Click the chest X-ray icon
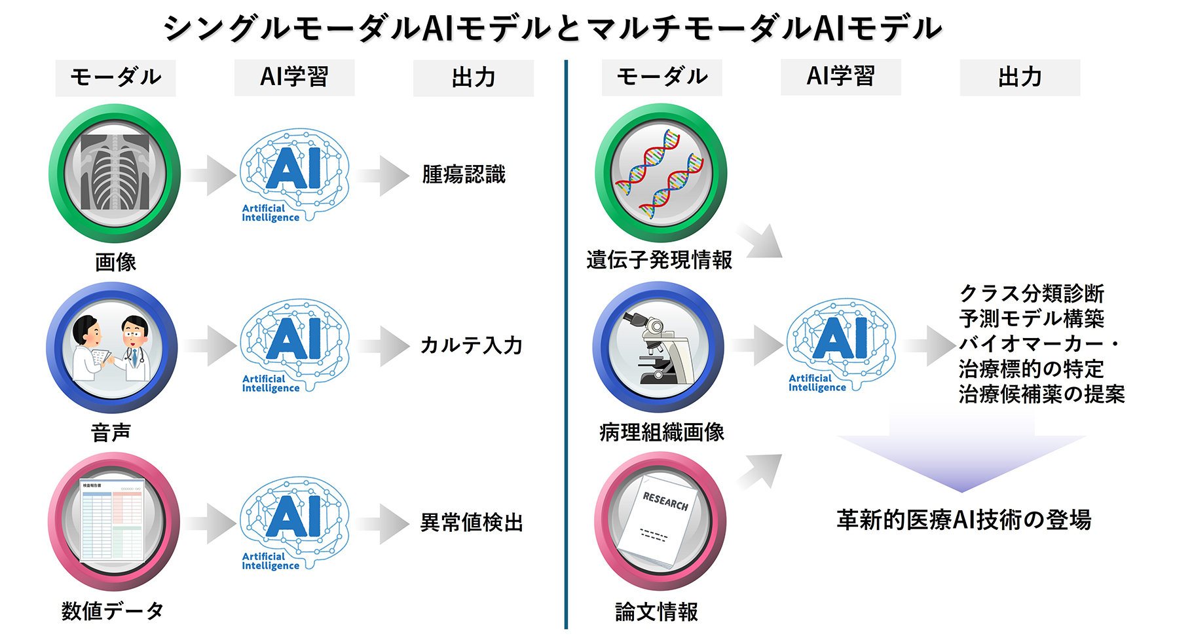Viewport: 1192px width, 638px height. click(x=115, y=173)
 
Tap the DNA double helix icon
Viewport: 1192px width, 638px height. click(x=661, y=173)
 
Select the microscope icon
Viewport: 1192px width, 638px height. click(x=658, y=347)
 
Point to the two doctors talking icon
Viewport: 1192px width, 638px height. click(x=112, y=347)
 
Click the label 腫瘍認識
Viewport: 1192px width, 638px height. click(x=464, y=175)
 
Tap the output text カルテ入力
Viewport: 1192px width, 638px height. click(x=471, y=345)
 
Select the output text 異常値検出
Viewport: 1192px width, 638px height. click(x=472, y=523)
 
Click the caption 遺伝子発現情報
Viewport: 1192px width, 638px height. click(x=660, y=260)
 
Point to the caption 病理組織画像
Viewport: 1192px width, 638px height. click(x=661, y=432)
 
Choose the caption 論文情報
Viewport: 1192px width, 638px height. click(x=656, y=612)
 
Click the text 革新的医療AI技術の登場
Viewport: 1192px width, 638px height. click(x=963, y=520)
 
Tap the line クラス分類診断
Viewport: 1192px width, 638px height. click(x=1032, y=293)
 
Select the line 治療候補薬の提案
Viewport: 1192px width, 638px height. click(x=1041, y=394)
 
